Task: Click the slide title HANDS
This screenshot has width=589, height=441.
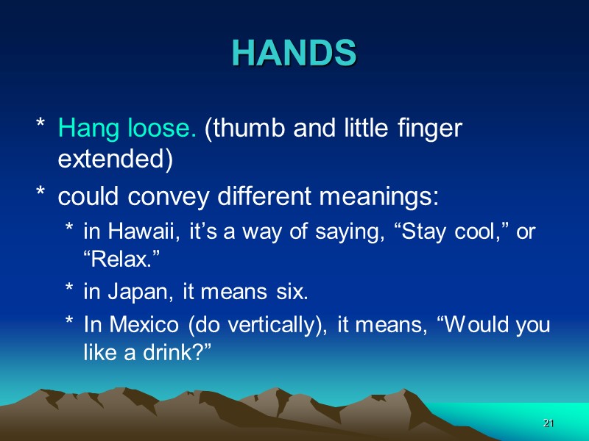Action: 294,52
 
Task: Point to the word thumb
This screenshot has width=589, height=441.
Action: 249,129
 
